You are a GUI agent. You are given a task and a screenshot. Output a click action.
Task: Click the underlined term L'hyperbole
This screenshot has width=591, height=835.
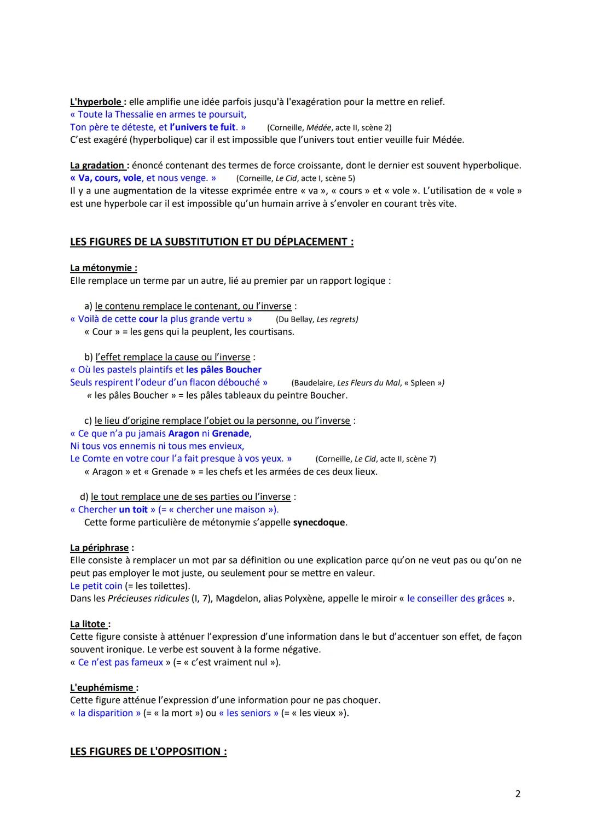pos(96,102)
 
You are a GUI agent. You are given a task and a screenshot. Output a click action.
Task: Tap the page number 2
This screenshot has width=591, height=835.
pos(518,793)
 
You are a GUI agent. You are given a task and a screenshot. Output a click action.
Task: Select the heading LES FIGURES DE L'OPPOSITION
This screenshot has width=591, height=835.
pos(148,751)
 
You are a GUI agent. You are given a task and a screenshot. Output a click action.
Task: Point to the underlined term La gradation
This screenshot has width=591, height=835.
pos(97,165)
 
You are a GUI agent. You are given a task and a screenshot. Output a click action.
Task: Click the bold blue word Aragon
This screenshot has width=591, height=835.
pos(184,433)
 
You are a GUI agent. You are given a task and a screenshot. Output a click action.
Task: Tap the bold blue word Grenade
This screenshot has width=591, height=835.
pos(230,433)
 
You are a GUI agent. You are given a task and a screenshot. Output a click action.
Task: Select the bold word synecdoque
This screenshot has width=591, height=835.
pos(319,522)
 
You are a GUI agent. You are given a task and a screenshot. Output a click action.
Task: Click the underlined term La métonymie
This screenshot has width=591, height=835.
pos(103,267)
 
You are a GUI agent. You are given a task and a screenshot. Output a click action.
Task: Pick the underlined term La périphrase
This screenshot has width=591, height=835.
pos(100,547)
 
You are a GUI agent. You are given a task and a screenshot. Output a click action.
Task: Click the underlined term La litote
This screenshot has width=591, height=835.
pos(88,624)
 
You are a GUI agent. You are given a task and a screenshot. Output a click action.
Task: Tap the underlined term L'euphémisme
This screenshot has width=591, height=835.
pos(102,687)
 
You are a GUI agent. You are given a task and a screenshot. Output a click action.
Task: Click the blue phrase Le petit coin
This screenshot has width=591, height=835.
pos(96,586)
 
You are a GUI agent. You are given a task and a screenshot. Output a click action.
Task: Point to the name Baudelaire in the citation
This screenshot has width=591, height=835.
pos(312,383)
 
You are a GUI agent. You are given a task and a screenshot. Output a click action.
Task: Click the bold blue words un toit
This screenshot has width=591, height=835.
pos(133,510)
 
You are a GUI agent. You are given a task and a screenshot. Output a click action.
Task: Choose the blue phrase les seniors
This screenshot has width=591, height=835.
pos(248,713)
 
